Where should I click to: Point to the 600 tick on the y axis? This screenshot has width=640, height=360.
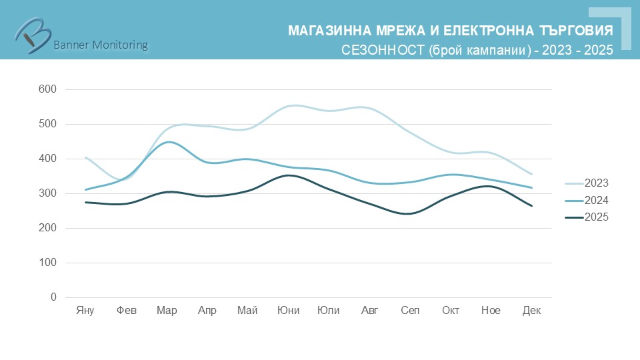(49, 89)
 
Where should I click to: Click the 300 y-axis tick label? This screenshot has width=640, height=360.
(49, 193)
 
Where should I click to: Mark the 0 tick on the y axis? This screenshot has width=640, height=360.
(53, 297)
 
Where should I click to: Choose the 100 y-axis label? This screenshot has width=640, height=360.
(49, 263)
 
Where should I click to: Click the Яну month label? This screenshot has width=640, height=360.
(85, 311)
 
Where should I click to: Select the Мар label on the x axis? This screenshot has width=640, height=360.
(167, 311)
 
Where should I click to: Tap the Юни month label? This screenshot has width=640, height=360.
(289, 311)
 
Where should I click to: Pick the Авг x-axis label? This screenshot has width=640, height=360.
(369, 311)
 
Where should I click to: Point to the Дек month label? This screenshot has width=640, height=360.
(531, 311)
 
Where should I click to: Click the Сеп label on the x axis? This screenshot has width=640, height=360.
(410, 311)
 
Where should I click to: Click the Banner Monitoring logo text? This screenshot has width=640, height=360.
(100, 45)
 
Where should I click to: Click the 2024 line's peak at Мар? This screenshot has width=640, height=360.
(167, 142)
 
